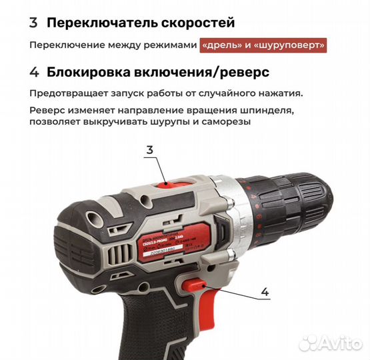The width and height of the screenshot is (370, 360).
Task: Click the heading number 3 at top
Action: click(x=33, y=22)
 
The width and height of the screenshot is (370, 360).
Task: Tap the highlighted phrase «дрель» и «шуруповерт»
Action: click(x=265, y=45)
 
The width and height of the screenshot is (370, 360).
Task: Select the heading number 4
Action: click(x=34, y=71)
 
